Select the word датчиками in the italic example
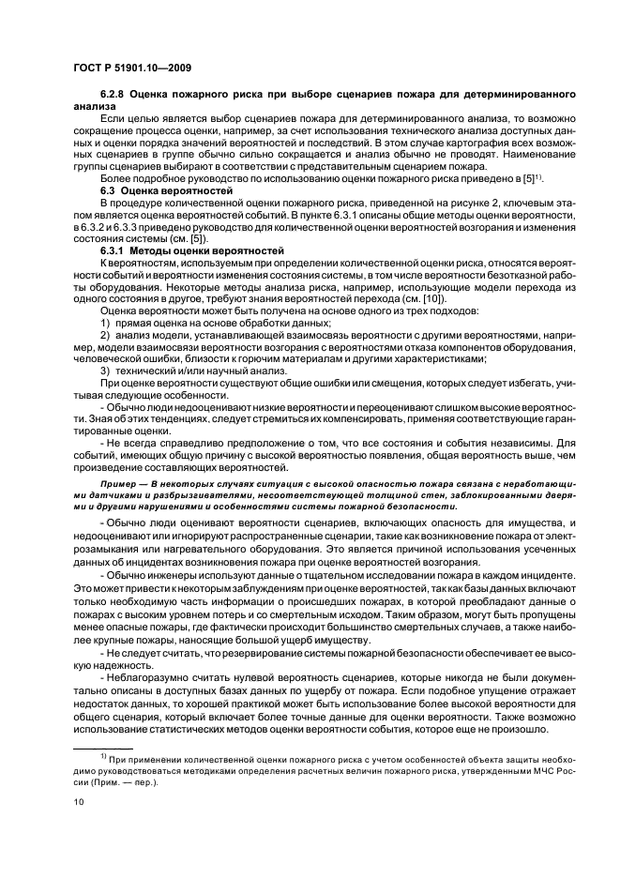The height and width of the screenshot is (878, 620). [104, 492]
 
